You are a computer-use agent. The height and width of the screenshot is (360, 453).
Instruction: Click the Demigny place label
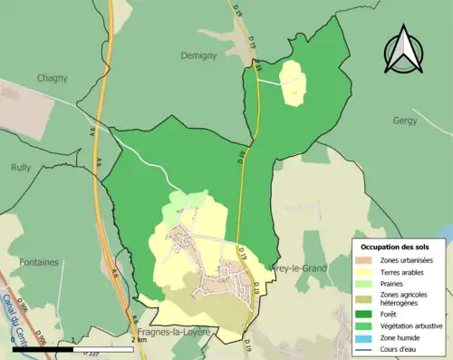pyautogui.click(x=199, y=54)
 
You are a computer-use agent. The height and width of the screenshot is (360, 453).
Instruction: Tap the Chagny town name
pyautogui.click(x=53, y=78)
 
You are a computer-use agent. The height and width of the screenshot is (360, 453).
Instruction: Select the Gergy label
pyautogui.click(x=404, y=120)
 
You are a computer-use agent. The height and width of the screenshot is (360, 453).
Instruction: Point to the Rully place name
pyautogui.click(x=20, y=168)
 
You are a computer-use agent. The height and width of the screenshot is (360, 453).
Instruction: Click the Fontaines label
pyautogui.click(x=36, y=262)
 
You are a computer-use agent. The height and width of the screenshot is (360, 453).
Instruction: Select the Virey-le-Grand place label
pyautogui.click(x=300, y=268)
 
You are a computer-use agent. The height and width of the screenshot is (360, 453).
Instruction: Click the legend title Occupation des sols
pyautogui.click(x=396, y=247)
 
